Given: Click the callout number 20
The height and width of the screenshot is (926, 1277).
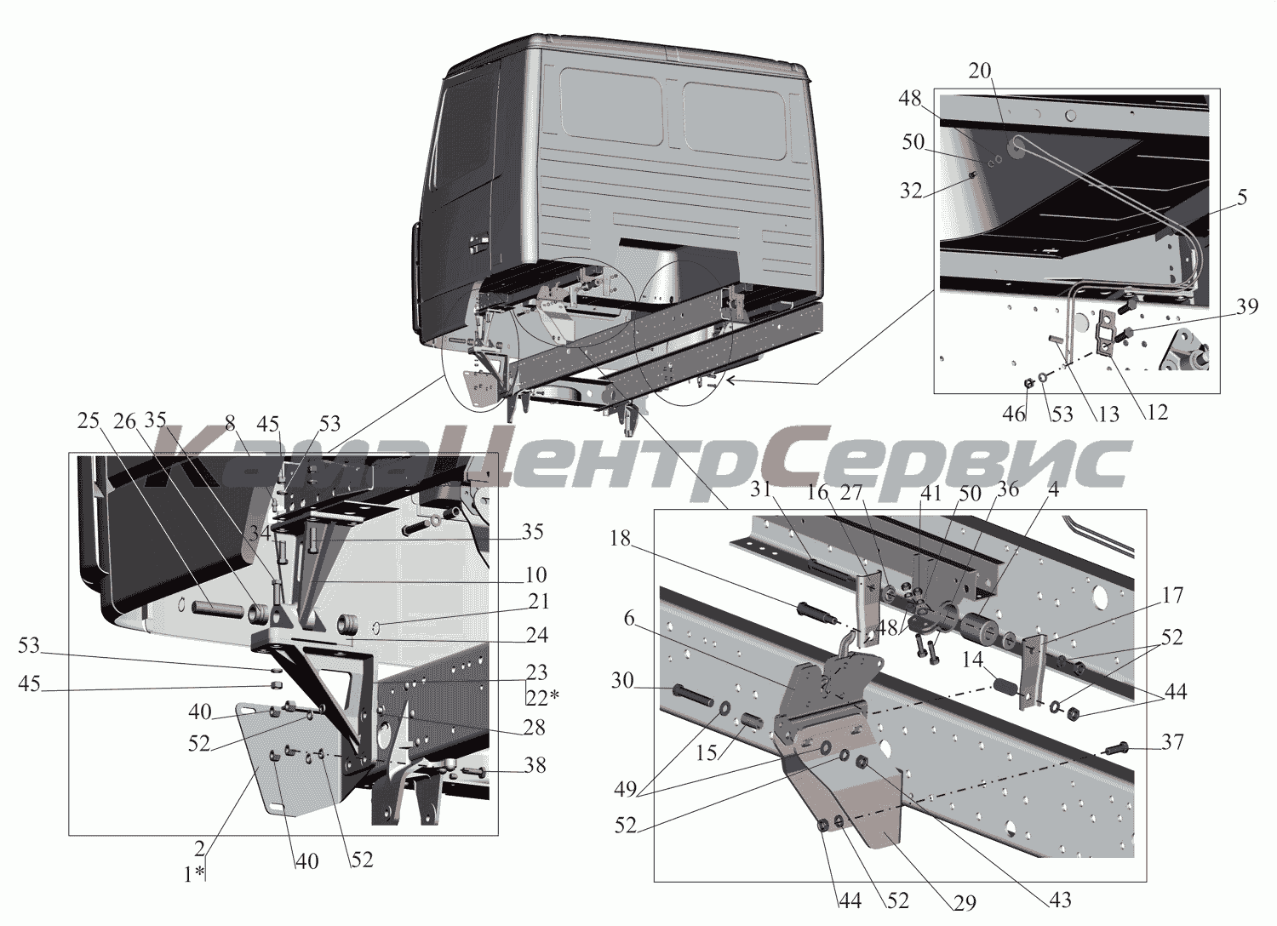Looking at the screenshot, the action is point(979,71).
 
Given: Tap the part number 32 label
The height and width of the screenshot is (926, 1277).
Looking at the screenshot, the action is point(911,191).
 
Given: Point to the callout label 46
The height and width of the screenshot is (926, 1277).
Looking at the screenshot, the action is point(1014,414).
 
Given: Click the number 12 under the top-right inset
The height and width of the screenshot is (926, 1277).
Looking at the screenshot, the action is point(1157,412).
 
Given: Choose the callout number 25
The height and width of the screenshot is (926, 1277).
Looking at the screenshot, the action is point(89,421).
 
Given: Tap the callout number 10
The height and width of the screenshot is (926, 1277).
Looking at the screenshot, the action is point(535,574).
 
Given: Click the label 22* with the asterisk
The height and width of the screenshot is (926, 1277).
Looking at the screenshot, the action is point(543,696).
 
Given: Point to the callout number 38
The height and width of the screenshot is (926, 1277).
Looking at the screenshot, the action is point(535,765).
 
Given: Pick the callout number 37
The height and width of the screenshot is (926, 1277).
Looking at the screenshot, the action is point(1172,742).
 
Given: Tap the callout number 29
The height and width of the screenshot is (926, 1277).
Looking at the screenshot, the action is point(964,903).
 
